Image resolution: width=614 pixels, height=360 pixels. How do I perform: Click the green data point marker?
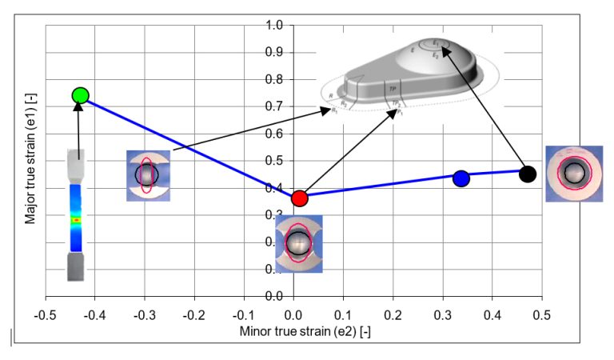80,96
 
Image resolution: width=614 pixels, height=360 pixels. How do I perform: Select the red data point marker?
299,198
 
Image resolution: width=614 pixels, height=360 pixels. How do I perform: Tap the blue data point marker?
460,178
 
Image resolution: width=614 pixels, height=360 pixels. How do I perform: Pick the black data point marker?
527,174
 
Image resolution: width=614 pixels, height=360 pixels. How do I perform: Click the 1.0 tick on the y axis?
275,26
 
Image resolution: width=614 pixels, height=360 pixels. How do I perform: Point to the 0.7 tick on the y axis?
275,106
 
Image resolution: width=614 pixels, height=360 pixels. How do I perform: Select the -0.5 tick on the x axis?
46,313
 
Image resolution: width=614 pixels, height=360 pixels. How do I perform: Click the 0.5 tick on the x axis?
542,313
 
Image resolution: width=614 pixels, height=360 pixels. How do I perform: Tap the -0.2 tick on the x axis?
194,313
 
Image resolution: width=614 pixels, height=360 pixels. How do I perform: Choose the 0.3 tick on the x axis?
443,313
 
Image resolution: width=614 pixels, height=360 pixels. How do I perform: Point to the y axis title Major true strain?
30,162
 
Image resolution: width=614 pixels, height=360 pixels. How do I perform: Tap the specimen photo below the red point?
298,243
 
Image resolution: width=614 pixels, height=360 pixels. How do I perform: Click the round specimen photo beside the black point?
573,174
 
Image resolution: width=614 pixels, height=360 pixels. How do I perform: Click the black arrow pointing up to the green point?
78,128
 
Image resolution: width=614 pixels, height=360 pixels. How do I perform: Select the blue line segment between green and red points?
189,146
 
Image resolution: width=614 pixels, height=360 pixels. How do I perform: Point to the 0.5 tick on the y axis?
275,161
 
